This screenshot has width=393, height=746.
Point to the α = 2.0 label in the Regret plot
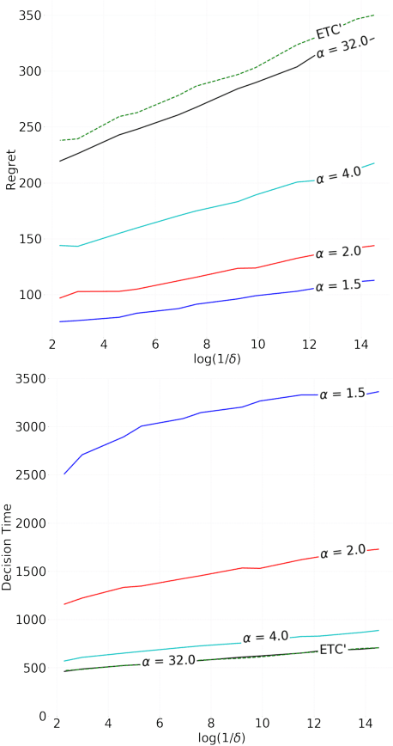tap(338, 252)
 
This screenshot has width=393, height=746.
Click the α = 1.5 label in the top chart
tap(338, 284)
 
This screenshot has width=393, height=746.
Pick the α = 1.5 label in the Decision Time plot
tap(342, 394)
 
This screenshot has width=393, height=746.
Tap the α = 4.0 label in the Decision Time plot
tap(266, 638)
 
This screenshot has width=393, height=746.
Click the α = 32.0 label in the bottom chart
tap(169, 661)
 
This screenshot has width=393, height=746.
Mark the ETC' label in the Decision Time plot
tap(332, 649)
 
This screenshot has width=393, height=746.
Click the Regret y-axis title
tap(9, 168)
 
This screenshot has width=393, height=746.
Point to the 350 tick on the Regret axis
tap(29, 16)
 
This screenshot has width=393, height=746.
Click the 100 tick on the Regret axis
tap(29, 295)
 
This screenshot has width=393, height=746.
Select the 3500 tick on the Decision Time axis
tap(27, 379)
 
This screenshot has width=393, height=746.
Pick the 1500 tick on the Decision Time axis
tap(27, 572)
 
